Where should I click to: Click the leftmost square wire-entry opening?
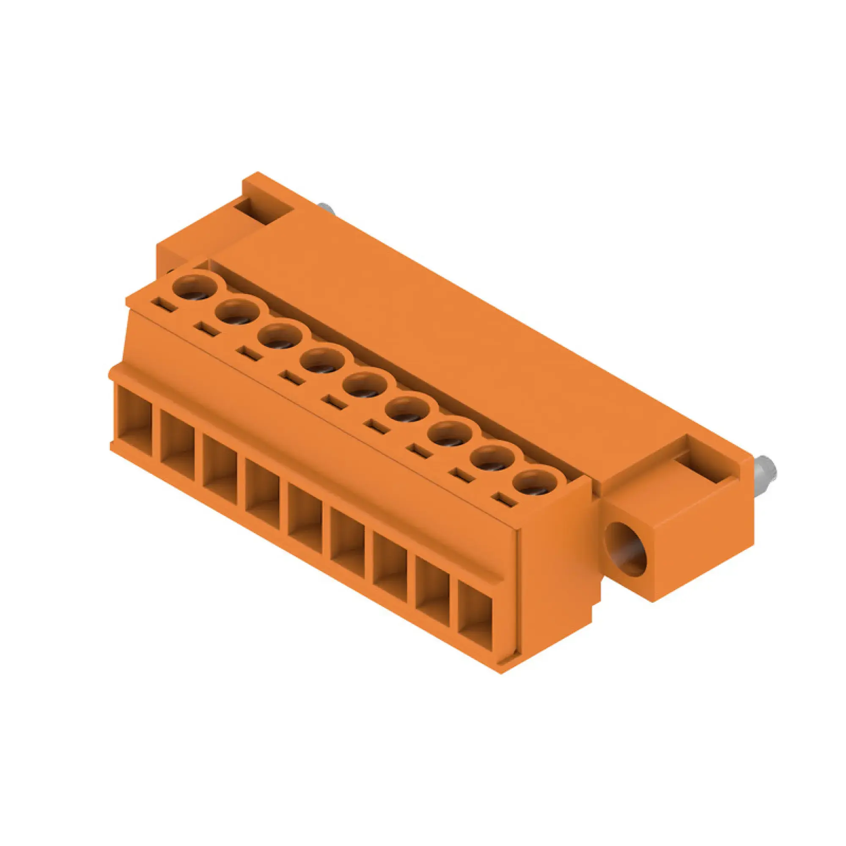(135, 423)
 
